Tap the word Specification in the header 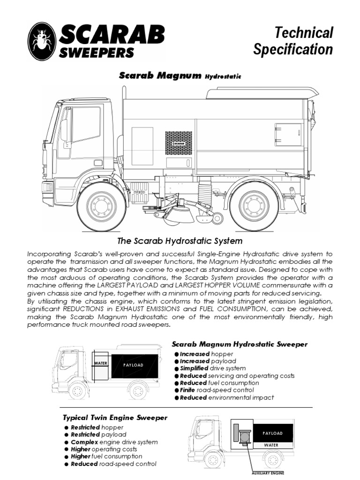click(293, 49)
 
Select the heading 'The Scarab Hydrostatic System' click(179, 241)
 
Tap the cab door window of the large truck click(85, 124)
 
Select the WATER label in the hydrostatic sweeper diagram click(101, 363)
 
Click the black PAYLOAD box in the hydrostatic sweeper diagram click(133, 364)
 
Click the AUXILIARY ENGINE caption click(268, 472)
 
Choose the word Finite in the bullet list click(189, 390)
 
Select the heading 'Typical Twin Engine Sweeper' click(115, 417)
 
